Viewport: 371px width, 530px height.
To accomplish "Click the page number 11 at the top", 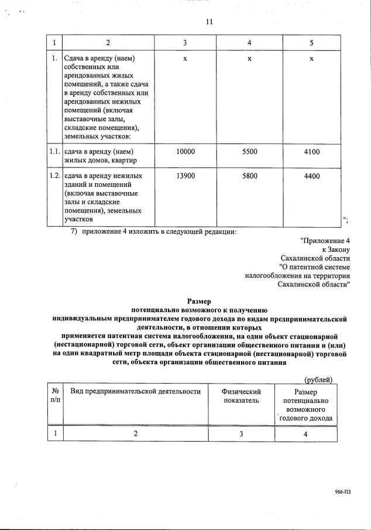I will point(209,22).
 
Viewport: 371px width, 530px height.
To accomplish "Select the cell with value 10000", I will point(185,152).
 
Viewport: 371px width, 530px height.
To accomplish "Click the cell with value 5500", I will point(249,152).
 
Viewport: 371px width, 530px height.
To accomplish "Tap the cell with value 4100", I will point(312,152).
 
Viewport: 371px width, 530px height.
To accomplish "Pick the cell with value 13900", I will point(185,176).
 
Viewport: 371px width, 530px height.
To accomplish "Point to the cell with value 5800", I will point(249,176).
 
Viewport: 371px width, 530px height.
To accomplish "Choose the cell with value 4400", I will point(312,176).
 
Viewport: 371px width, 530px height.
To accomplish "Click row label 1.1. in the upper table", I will point(54,152).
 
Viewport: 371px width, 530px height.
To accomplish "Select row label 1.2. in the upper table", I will point(54,176).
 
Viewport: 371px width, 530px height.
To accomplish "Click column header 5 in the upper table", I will point(311,43).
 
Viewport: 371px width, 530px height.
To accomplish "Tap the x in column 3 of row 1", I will point(185,59).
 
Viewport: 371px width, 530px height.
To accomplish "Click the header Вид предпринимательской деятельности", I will point(135,391).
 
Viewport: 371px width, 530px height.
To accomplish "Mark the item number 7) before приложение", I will point(74,232).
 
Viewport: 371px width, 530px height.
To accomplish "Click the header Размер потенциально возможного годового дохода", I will point(306,405).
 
